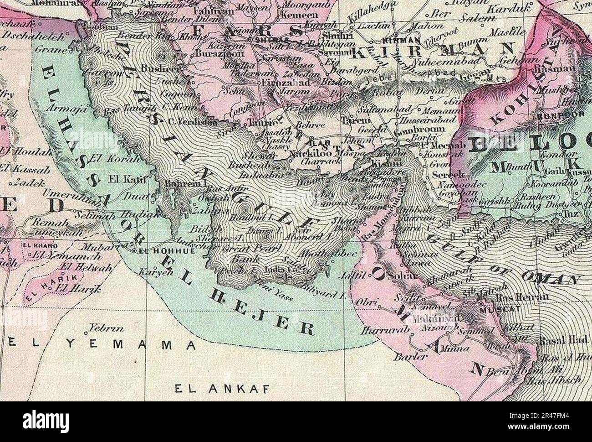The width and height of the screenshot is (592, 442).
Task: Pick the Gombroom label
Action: [x=425, y=130]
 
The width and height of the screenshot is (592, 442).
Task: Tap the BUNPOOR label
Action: [x=554, y=116]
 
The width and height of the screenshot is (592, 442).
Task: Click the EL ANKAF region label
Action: [x=223, y=389]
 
